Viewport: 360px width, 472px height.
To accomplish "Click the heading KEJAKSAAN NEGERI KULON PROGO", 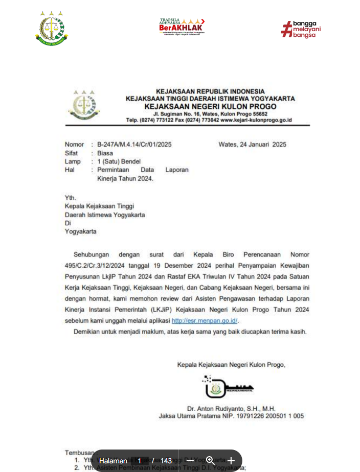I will click(x=210, y=106).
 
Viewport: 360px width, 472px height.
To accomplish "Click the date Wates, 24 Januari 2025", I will click(x=252, y=145).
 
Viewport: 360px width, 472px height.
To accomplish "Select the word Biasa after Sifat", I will click(x=105, y=153).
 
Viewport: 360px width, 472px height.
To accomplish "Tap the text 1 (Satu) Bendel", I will click(x=119, y=161).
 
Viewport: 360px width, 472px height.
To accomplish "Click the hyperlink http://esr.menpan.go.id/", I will click(x=205, y=321).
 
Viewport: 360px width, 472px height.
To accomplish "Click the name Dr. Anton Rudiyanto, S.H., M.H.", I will click(x=231, y=409).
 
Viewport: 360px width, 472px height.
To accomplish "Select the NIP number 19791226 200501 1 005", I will click(x=274, y=416).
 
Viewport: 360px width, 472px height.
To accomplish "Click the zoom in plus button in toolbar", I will click(x=231, y=461).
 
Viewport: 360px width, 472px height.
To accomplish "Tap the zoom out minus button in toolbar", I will click(x=190, y=461).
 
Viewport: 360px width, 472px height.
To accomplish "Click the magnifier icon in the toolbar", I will click(x=210, y=461).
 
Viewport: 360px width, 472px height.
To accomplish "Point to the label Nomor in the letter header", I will click(x=74, y=145).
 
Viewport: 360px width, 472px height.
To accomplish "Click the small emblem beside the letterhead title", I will click(x=80, y=105).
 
